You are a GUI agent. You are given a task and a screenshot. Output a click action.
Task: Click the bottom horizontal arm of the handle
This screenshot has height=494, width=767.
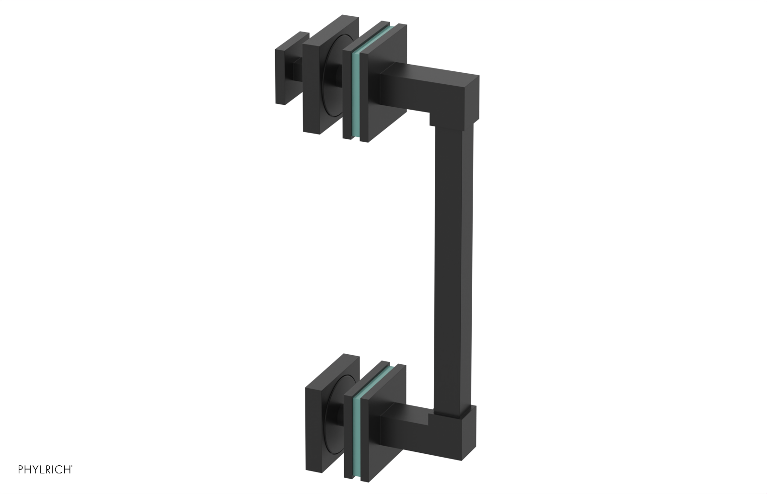point(407,426)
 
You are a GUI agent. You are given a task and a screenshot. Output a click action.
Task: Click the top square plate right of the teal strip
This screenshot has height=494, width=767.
point(383,110)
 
